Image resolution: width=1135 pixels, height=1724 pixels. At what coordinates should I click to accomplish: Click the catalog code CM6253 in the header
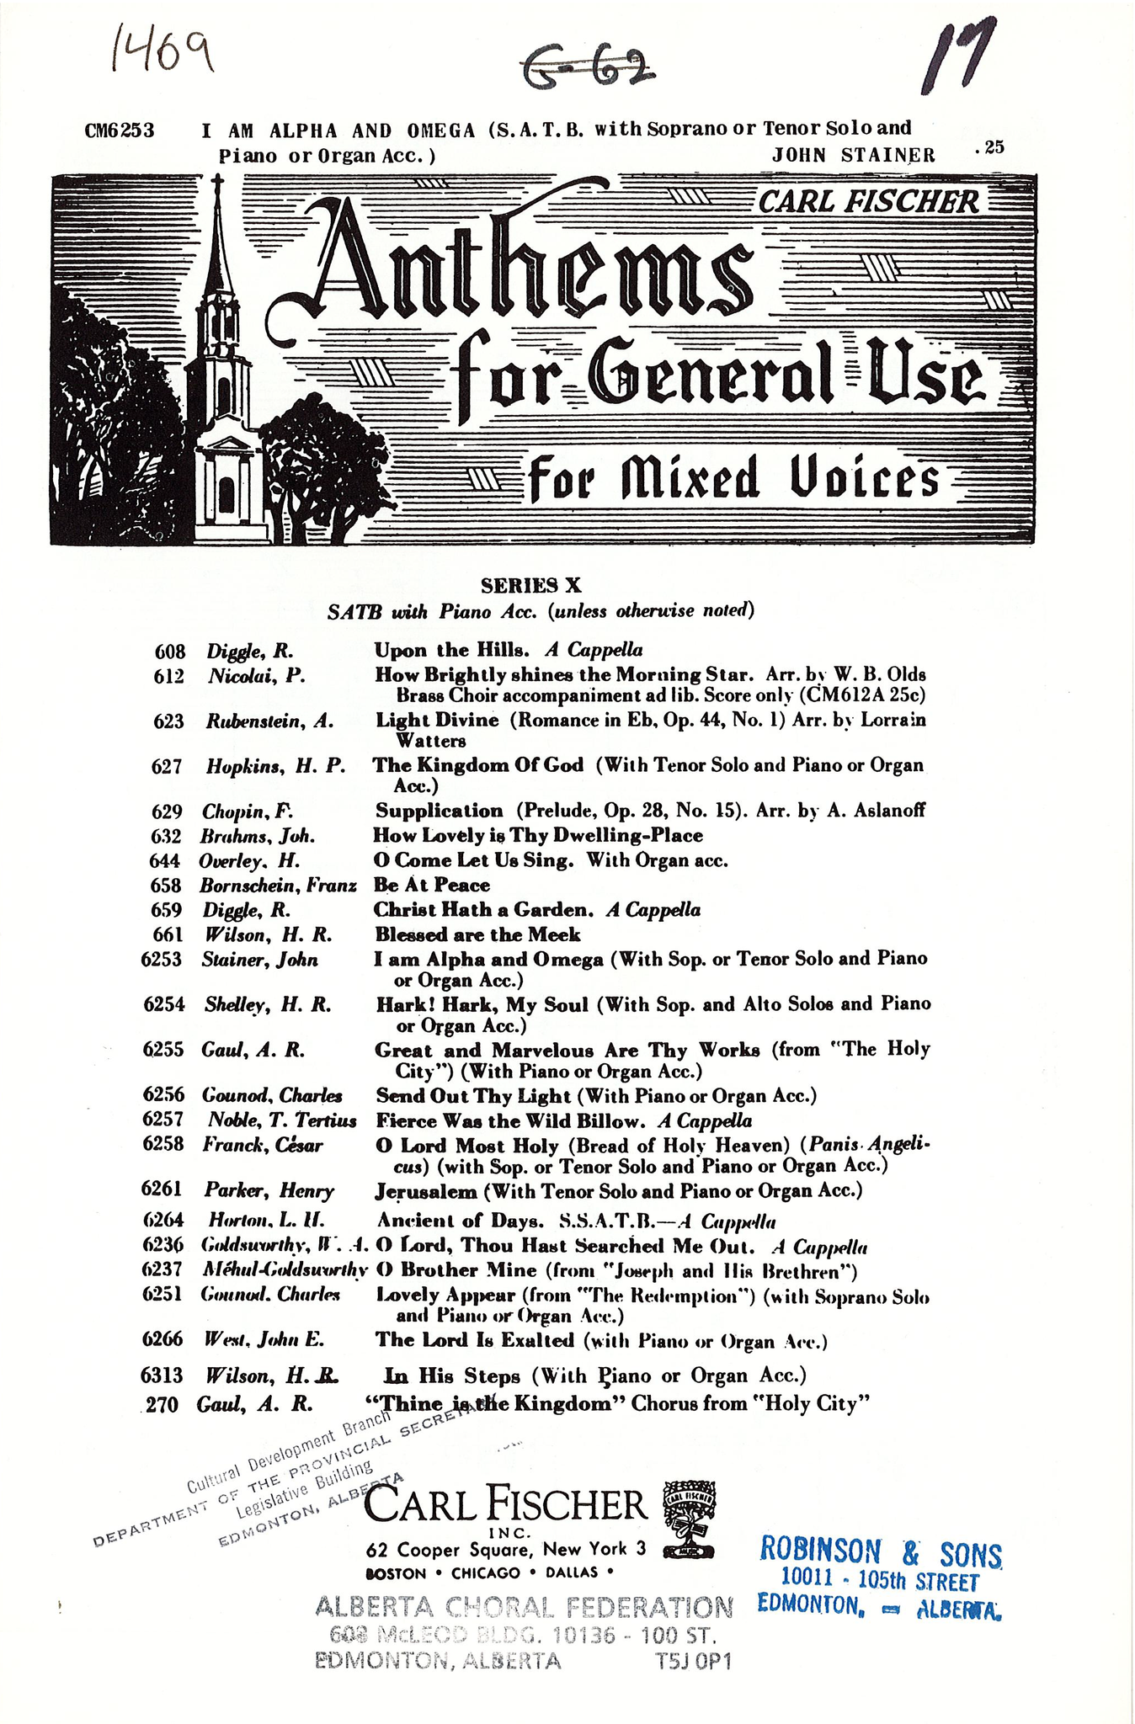pyautogui.click(x=120, y=130)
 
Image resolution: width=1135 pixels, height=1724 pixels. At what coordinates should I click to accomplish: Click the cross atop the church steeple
pyautogui.click(x=217, y=185)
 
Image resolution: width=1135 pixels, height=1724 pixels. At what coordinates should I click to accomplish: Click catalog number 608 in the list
pyautogui.click(x=169, y=651)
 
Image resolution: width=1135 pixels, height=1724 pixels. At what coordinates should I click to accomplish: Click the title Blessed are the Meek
pyautogui.click(x=477, y=934)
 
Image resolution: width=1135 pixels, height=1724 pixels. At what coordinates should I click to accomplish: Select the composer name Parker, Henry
pyautogui.click(x=269, y=1190)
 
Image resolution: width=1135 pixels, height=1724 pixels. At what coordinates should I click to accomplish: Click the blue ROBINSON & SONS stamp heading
pyautogui.click(x=881, y=1551)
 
